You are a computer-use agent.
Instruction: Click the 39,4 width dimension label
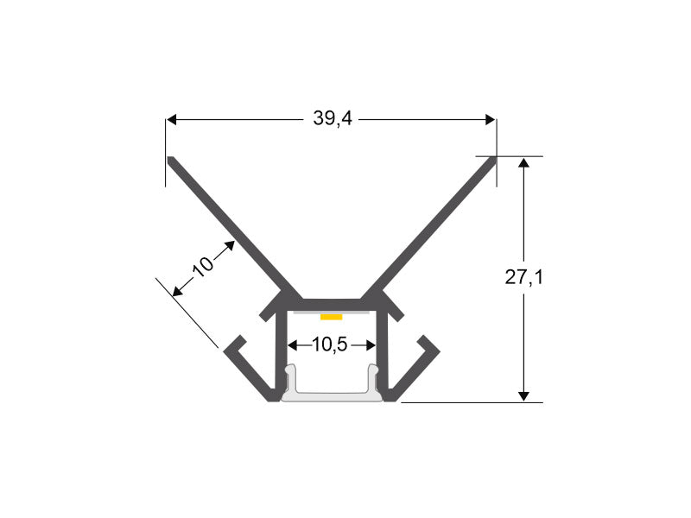pyautogui.click(x=333, y=118)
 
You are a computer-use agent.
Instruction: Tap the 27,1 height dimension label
pyautogui.click(x=524, y=277)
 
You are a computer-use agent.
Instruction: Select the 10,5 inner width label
pyautogui.click(x=330, y=344)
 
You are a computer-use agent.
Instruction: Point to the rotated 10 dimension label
pyautogui.click(x=203, y=266)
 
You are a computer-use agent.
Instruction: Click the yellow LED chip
pyautogui.click(x=332, y=317)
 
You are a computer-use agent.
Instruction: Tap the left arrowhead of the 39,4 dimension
pyautogui.click(x=171, y=119)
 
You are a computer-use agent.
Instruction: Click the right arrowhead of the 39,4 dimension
pyautogui.click(x=490, y=119)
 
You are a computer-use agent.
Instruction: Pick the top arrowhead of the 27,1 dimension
pyautogui.click(x=523, y=163)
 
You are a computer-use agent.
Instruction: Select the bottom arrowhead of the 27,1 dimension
pyautogui.click(x=523, y=396)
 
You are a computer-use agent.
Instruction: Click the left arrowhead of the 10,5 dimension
pyautogui.click(x=293, y=345)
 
